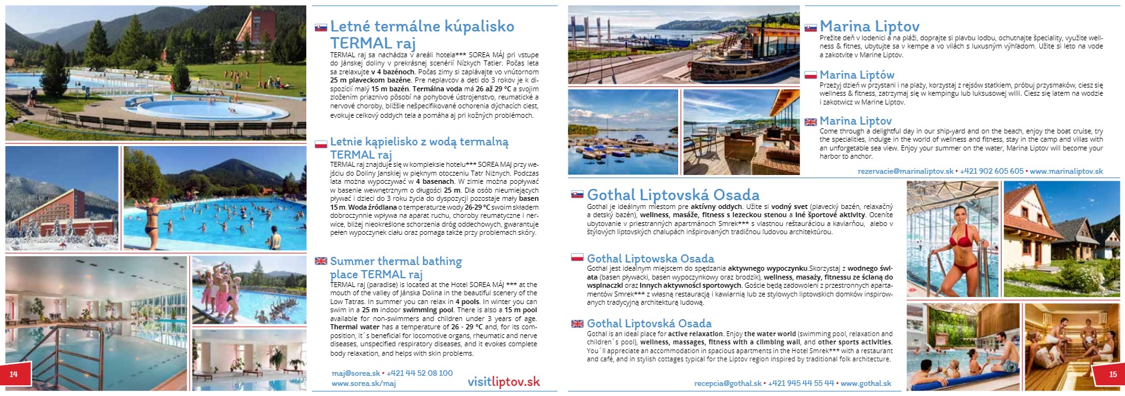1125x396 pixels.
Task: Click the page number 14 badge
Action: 13,374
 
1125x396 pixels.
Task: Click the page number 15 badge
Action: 1112,374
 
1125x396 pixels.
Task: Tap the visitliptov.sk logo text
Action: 504,382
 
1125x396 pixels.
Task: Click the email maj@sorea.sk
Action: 355,373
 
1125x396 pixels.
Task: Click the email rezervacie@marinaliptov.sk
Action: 906,171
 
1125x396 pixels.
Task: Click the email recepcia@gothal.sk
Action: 728,383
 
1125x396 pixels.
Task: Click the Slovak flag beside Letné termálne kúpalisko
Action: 321,28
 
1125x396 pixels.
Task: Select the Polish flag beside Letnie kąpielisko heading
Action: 321,144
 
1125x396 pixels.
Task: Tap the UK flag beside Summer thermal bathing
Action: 321,261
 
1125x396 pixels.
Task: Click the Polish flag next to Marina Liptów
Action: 811,76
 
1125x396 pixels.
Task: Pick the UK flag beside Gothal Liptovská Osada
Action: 577,324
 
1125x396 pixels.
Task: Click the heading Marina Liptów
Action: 857,75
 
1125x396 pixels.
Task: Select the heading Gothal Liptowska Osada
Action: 650,258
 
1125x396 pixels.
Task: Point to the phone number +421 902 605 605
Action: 991,171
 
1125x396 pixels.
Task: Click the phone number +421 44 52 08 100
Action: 419,373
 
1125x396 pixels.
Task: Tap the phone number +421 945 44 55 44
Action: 801,383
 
